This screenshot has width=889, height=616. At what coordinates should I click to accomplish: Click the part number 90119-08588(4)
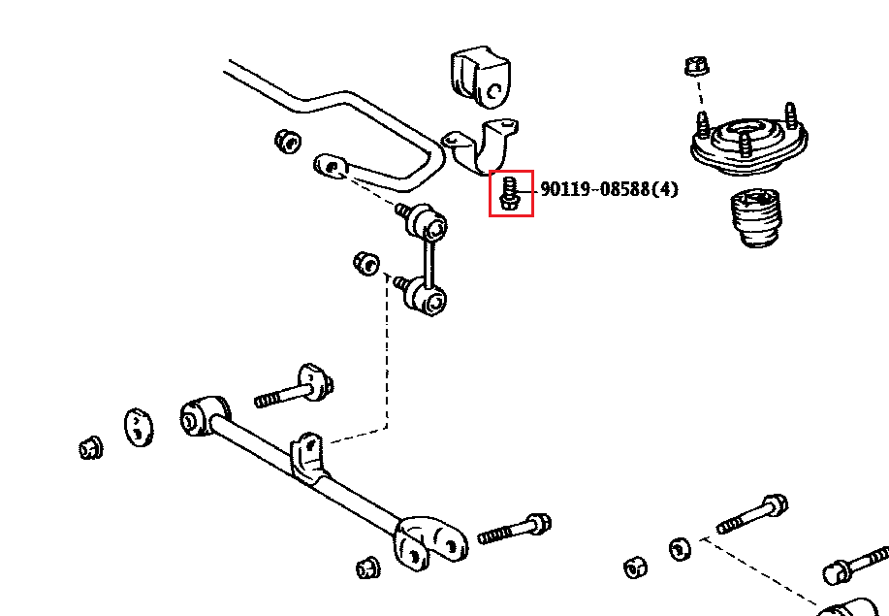pyautogui.click(x=609, y=189)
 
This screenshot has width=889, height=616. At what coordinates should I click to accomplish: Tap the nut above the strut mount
pyautogui.click(x=693, y=67)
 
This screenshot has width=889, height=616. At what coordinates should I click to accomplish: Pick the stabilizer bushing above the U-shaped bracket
pyautogui.click(x=480, y=76)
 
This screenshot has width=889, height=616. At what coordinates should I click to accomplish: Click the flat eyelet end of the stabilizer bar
pyautogui.click(x=332, y=167)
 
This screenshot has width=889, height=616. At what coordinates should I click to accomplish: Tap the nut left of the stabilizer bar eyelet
pyautogui.click(x=287, y=140)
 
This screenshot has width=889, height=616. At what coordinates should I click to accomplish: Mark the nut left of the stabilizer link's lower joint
pyautogui.click(x=365, y=262)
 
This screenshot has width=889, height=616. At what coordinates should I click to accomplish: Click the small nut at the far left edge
pyautogui.click(x=91, y=448)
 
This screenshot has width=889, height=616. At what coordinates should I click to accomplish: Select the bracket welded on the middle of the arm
pyautogui.click(x=308, y=457)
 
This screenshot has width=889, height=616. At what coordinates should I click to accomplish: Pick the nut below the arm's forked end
pyautogui.click(x=367, y=567)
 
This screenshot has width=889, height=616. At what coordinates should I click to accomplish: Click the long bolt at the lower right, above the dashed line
pyautogui.click(x=752, y=514)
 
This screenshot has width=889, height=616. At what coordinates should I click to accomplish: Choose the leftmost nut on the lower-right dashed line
pyautogui.click(x=635, y=567)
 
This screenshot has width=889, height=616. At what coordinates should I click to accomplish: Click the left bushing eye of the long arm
pyautogui.click(x=198, y=414)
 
